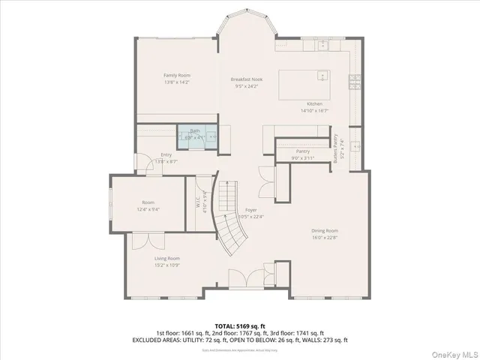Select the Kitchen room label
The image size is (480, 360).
[x=314, y=103]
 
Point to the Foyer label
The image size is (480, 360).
[x=251, y=210]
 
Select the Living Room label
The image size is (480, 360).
[x=167, y=259]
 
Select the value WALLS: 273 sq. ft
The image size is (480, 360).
[x=325, y=340]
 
